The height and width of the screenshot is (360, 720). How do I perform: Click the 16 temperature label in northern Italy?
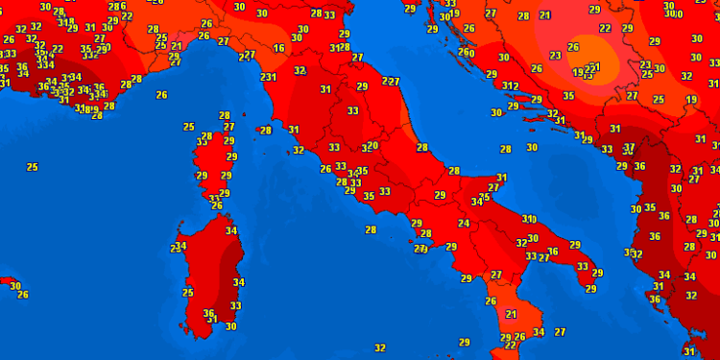pos(278,48)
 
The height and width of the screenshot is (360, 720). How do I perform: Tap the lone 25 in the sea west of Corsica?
pos(32,167)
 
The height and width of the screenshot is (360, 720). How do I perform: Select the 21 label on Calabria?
pos(512,314)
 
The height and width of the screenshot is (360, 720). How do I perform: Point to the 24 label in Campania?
pos(464,224)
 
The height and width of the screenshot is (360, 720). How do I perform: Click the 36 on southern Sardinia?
pos(209,313)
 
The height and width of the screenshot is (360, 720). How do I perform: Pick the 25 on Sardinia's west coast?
pos(188,293)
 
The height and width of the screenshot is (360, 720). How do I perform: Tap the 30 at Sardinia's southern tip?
pos(230,326)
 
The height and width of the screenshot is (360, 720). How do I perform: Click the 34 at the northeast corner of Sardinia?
pos(230,230)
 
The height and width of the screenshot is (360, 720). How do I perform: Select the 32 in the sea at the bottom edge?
pos(380,348)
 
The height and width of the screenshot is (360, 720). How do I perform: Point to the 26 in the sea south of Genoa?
pos(161,95)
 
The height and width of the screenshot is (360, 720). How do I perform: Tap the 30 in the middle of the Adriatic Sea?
pos(532,148)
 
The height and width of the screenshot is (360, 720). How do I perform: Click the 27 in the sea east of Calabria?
pos(560,332)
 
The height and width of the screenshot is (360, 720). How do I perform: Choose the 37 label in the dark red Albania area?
pos(630,148)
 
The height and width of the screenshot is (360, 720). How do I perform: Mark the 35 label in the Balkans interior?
pos(569,96)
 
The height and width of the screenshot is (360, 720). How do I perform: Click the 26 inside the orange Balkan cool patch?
pos(574,46)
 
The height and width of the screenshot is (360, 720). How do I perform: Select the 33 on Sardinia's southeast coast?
pos(235,306)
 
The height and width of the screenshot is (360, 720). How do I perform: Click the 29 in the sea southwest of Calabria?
pos(465,342)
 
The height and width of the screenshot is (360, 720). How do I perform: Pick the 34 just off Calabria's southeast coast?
pos(539,333)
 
